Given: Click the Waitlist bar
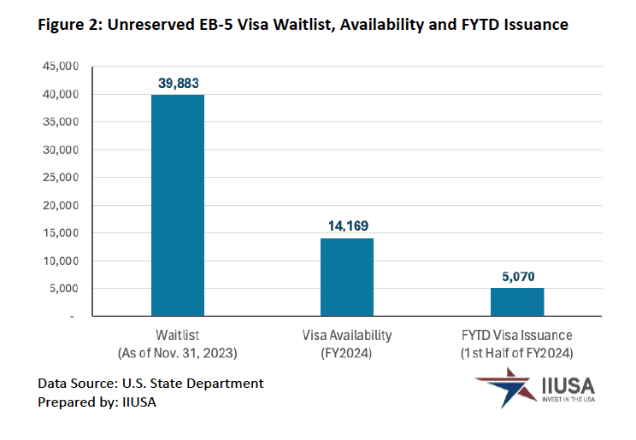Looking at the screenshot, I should [x=178, y=205].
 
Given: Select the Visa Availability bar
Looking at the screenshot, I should [x=347, y=277].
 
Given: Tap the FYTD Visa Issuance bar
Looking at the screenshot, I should [x=516, y=302].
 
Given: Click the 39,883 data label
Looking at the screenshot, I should [x=178, y=83].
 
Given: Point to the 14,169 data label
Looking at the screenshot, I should [x=347, y=226].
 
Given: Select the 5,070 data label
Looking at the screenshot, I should [x=516, y=276].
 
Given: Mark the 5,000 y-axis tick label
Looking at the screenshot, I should [x=63, y=289].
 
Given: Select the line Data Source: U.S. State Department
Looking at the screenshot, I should [x=150, y=383].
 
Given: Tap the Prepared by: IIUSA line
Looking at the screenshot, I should [x=97, y=402].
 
